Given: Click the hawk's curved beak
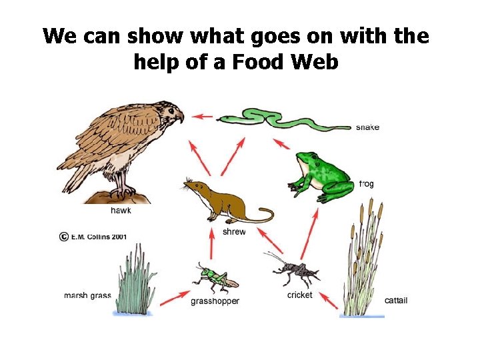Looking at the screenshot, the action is [179, 117].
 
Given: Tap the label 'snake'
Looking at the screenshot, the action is [367, 127].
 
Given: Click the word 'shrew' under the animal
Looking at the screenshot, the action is [233, 232].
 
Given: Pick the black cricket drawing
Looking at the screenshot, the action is [293, 268].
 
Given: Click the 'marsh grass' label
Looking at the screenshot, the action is [87, 295].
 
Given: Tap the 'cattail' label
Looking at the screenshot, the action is [396, 301].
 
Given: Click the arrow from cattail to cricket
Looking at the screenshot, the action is [327, 299].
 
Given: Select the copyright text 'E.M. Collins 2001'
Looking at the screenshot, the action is [99, 235].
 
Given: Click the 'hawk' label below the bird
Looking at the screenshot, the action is [121, 211].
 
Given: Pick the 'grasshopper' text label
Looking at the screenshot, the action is [215, 301].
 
